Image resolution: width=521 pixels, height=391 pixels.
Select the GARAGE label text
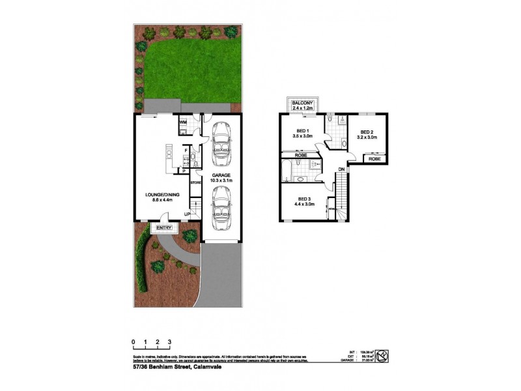coord(221,175)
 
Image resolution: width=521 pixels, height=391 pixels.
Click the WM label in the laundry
coord(183,122)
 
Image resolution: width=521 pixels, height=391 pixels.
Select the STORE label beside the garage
coord(195,183)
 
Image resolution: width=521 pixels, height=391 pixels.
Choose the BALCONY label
coord(304,104)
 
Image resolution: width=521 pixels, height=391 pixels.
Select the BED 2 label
coord(367,131)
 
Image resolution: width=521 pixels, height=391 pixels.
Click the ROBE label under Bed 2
coord(374,159)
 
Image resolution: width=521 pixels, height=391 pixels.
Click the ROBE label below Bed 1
coord(301,156)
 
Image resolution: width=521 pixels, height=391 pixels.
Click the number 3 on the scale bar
coord(169,341)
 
